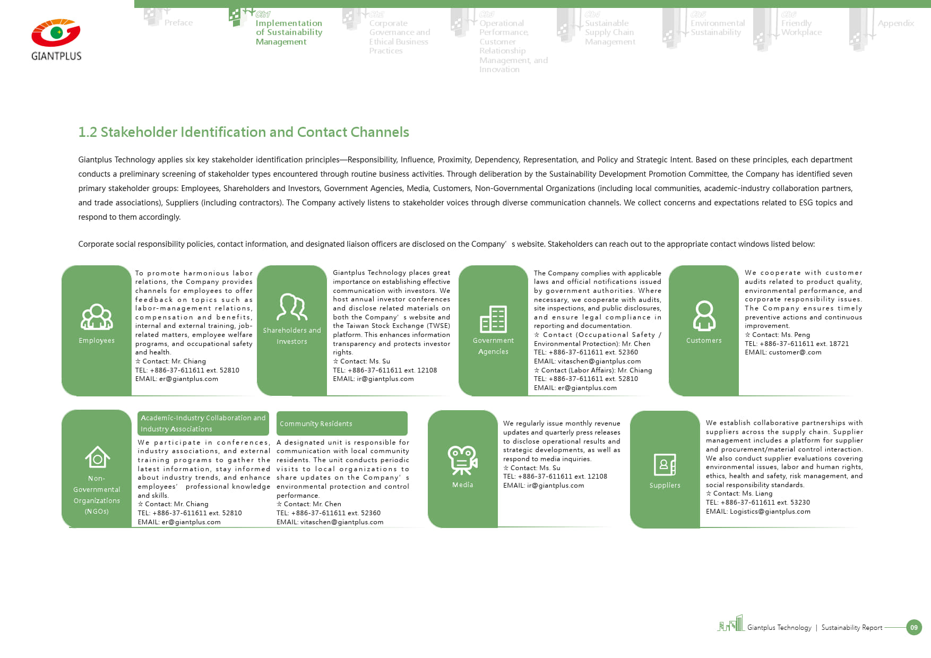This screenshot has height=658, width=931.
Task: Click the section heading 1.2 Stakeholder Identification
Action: coord(244,132)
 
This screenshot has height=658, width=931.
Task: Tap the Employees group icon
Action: coord(97,317)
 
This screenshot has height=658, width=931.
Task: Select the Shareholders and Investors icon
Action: coord(292,307)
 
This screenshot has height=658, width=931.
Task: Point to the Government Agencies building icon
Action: coord(493,319)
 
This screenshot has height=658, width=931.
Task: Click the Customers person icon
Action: coord(704,316)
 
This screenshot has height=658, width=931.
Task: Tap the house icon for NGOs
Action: coord(97,457)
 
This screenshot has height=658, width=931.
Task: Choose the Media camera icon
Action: coord(462,460)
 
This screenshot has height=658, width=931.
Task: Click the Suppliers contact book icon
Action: coord(665,465)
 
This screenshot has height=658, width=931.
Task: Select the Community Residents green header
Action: coord(342,423)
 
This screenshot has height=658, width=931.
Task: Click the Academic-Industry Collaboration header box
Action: coord(203,423)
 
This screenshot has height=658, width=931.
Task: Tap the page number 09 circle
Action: coord(913,627)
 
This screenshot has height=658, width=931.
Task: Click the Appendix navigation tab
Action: coord(895,23)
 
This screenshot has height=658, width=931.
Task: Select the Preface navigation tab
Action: coord(178,23)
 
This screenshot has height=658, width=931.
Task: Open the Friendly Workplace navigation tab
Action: coord(801,28)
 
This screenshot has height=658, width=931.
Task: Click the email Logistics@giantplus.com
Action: coord(770,512)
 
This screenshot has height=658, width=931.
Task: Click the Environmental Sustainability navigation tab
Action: coord(717,28)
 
